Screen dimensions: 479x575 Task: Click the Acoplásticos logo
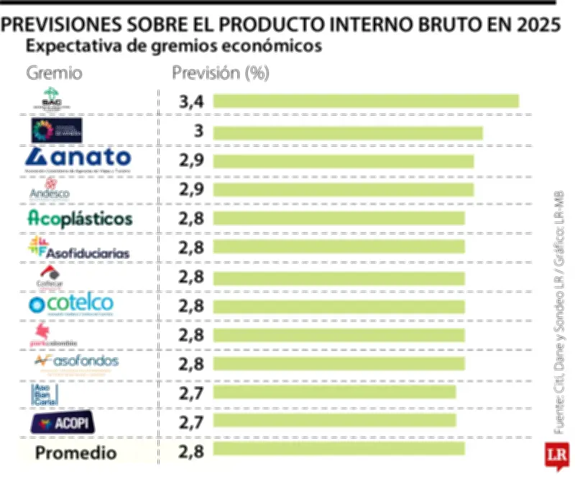point(79,217)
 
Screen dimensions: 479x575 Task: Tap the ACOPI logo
point(60,423)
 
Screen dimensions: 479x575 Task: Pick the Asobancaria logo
point(43,393)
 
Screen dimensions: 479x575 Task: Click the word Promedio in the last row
point(75,453)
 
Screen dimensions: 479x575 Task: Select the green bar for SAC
point(365,101)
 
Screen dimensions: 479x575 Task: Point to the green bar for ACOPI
point(333,420)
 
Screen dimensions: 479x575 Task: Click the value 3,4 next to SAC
point(191,102)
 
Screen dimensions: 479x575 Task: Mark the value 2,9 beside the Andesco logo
point(191,190)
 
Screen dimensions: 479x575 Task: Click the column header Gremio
point(54,73)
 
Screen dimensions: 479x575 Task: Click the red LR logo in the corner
point(556,455)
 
